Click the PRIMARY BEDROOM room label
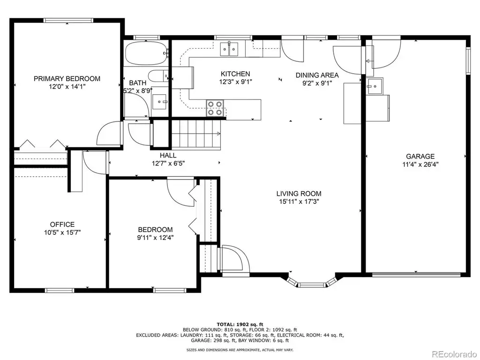(x=67, y=79)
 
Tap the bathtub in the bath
(x=146, y=53)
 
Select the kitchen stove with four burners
(x=215, y=108)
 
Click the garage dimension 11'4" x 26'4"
(x=420, y=165)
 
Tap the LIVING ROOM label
(x=299, y=194)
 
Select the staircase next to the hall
(x=196, y=134)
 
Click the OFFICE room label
(x=62, y=225)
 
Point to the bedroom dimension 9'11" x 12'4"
(x=155, y=238)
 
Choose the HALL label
(x=168, y=155)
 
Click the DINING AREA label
(x=317, y=75)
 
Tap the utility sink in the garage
(x=375, y=86)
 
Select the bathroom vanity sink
(x=159, y=101)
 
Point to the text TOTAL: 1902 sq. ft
(x=240, y=324)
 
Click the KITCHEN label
(x=235, y=74)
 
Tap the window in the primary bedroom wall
(x=68, y=20)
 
